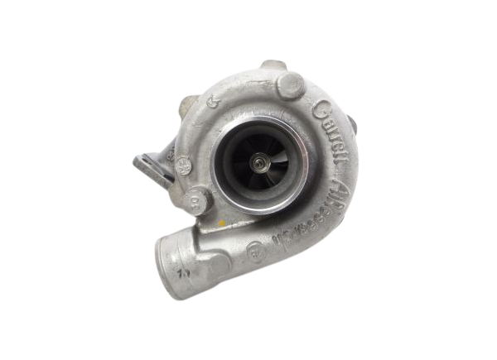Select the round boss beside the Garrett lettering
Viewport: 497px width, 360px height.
click(292, 87)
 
